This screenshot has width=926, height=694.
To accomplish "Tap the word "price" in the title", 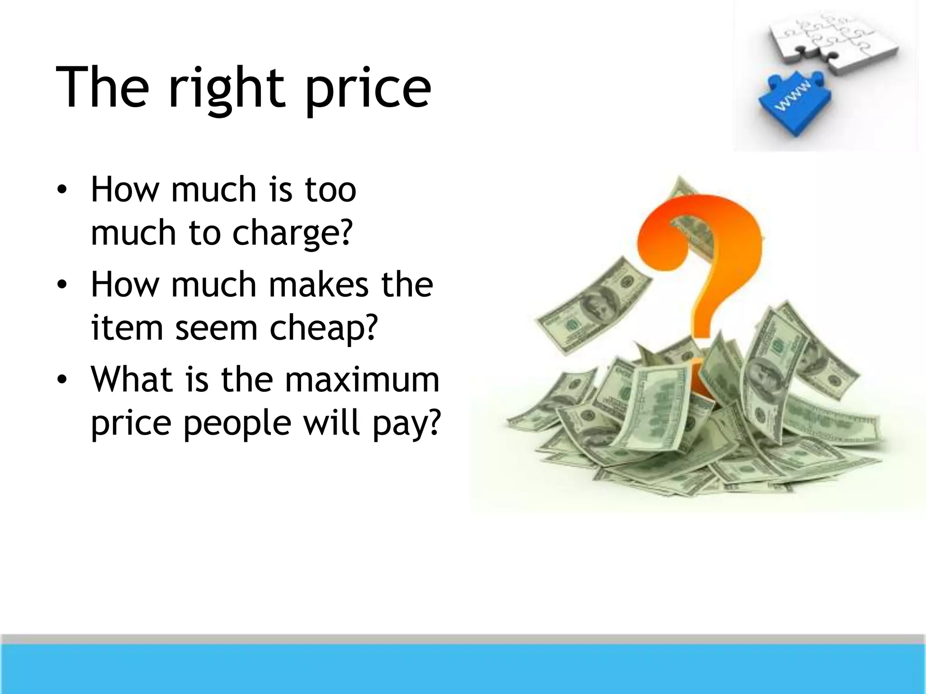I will coord(368,88).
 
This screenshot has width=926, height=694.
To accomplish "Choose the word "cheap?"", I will coord(323,328).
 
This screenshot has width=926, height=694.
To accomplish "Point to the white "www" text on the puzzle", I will coord(794,96).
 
